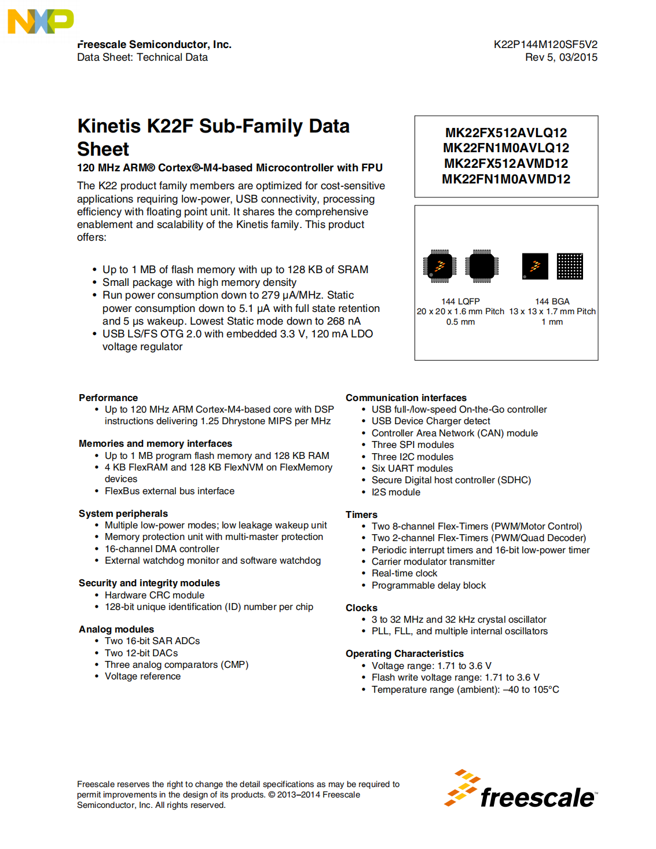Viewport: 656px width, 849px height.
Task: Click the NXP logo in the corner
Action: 41,21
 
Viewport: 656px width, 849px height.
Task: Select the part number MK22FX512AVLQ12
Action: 506,133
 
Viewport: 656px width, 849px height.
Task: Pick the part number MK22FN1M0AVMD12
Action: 506,179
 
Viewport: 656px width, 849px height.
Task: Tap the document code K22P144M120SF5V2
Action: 545,45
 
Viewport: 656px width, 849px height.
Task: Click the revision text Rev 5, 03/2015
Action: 561,57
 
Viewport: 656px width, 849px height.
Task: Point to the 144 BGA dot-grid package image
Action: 570,266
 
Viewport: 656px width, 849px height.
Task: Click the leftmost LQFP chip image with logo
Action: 439,266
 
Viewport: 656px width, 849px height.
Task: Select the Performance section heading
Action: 108,398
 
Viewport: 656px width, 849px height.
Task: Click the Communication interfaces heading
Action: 406,398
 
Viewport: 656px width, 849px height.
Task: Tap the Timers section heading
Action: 361,514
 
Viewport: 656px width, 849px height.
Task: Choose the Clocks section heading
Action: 361,608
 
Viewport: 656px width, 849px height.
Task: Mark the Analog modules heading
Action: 116,629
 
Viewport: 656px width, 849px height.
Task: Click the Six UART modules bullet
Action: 412,468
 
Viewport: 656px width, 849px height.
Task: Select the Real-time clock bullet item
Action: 404,573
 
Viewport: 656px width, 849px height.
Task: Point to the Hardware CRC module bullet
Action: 154,595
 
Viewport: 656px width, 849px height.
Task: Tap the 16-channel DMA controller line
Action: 162,549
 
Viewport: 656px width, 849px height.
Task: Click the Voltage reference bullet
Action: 142,676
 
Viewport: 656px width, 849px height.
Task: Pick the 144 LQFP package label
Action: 460,302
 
